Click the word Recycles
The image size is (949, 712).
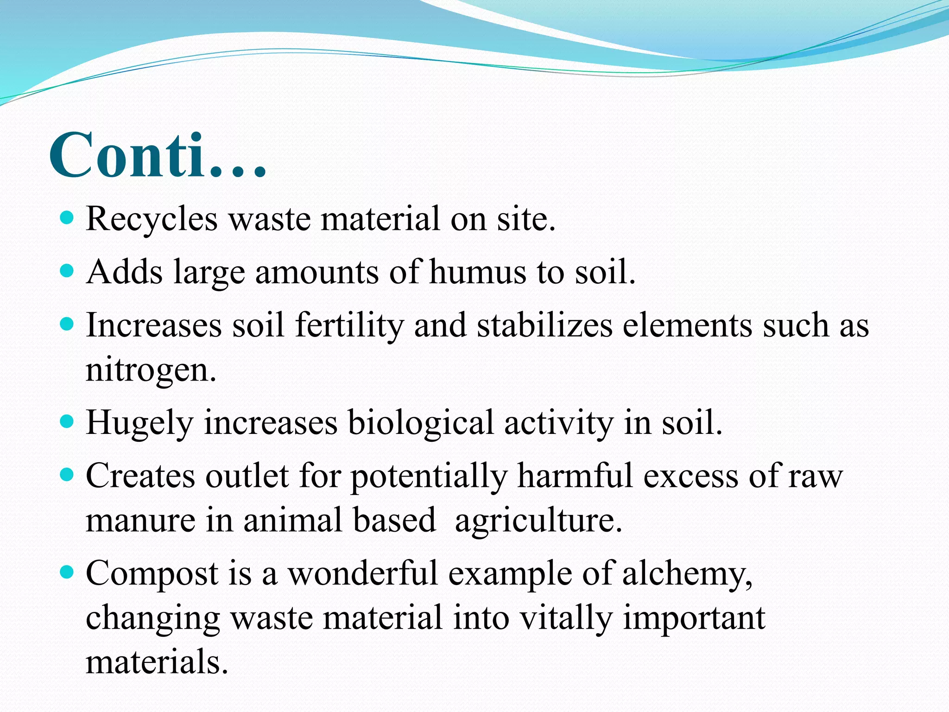[x=152, y=219]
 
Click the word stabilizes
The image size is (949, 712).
[x=545, y=325]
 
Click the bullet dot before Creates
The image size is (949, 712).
[x=67, y=474]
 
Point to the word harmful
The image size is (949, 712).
[x=575, y=476]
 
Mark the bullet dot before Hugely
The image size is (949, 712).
[x=67, y=421]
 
